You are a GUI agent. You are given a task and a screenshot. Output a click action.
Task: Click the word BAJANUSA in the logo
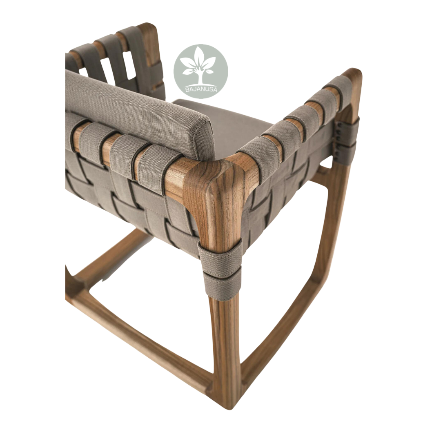[201, 90]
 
